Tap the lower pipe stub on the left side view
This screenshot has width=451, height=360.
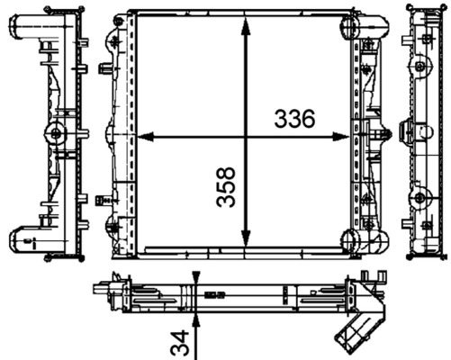[x=25, y=240]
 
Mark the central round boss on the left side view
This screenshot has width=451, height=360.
[x=57, y=135]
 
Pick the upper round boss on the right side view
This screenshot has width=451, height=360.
[x=419, y=66]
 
